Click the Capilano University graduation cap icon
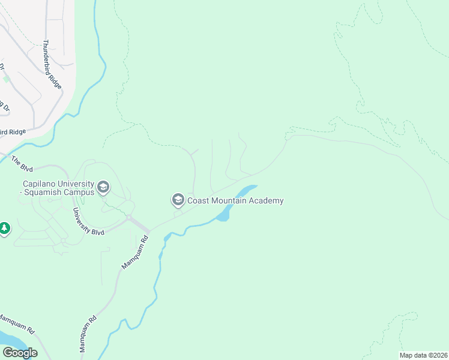click(x=103, y=188)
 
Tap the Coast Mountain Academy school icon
click(x=178, y=199)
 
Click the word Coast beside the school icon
click(x=199, y=200)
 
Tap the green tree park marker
click(x=4, y=229)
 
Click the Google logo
click(x=19, y=353)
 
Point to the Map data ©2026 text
click(x=423, y=355)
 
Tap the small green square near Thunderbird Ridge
click(x=7, y=79)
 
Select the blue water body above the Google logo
click(x=8, y=340)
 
